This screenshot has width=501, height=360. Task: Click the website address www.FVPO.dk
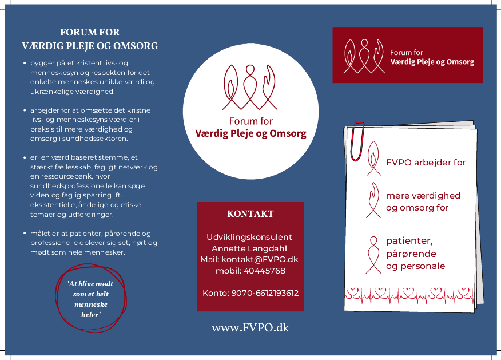point(250,328)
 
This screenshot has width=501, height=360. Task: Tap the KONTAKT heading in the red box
point(250,214)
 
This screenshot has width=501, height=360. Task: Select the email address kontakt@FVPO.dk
point(270,259)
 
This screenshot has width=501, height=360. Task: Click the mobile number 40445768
point(264,271)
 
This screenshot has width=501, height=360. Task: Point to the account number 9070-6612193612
point(265,293)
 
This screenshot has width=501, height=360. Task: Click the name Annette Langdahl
point(250,248)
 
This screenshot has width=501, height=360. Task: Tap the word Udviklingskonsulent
point(250,237)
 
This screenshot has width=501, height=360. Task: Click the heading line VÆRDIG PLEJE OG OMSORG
point(90,46)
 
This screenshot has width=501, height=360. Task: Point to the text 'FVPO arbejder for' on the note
point(426,163)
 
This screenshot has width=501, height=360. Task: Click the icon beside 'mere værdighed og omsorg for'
point(374,200)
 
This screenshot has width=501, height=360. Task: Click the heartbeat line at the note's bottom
point(409,295)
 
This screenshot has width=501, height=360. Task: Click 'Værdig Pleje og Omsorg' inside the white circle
point(250,134)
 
